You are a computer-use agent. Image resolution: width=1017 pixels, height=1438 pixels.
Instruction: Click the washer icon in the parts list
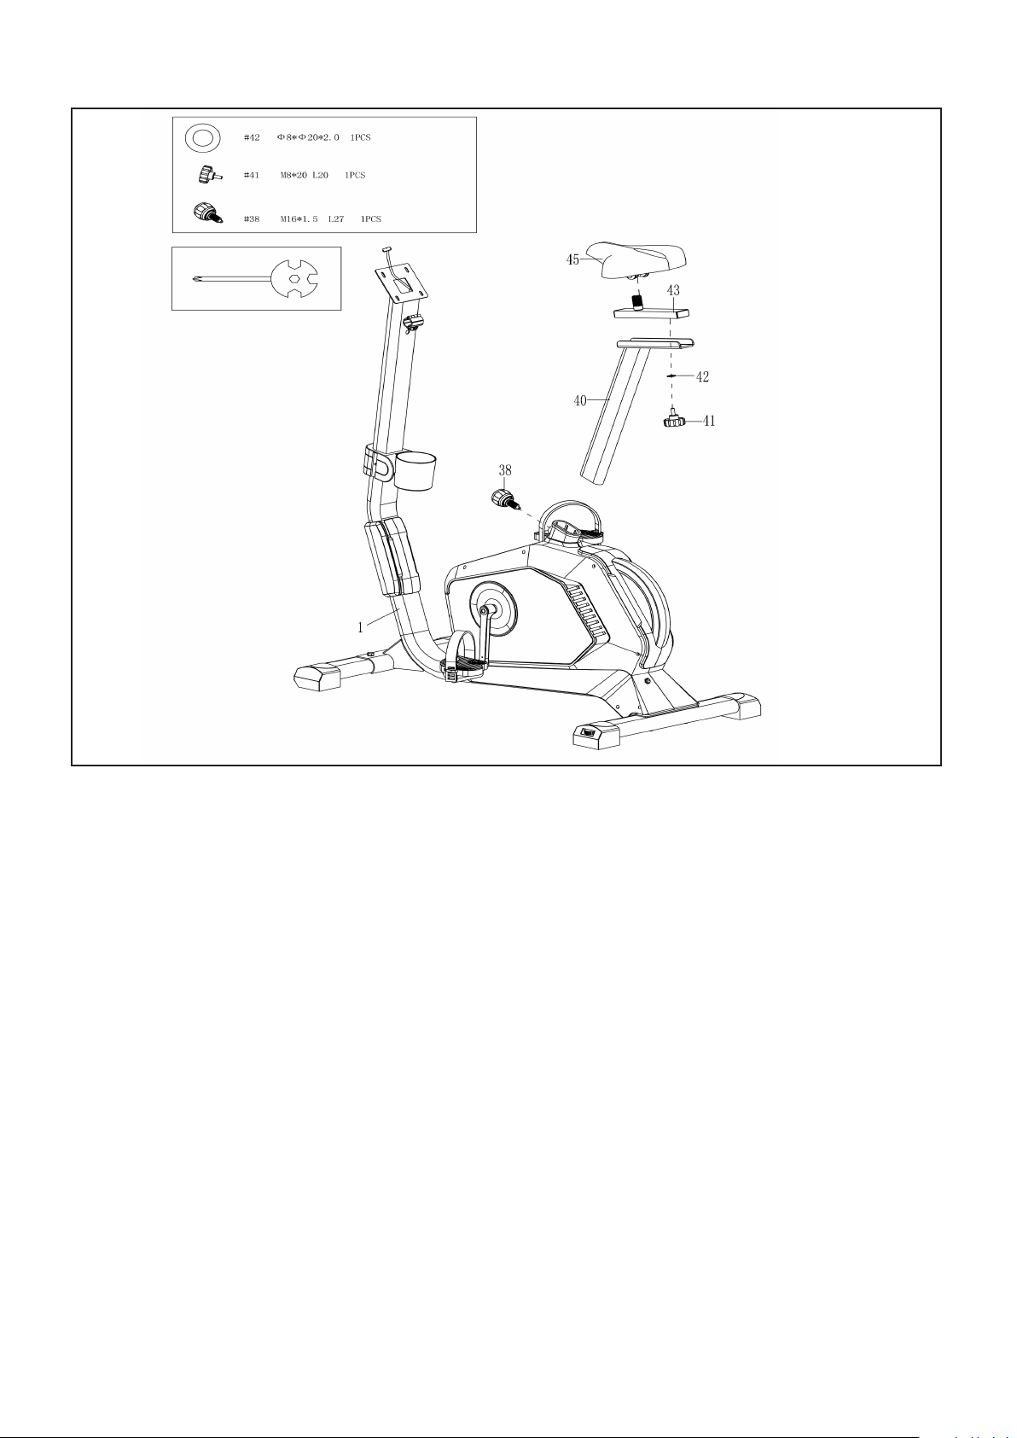click(x=203, y=138)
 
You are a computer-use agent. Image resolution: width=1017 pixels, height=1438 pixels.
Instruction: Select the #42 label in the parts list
click(x=252, y=137)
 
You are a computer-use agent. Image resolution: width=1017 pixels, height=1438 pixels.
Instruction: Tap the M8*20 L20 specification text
click(x=304, y=175)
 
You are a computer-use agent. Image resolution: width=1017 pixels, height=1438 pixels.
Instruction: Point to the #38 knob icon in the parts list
click(x=207, y=212)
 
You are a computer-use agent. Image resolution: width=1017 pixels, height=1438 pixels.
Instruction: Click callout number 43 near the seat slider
click(x=673, y=291)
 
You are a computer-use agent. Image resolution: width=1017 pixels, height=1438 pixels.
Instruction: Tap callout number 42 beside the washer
click(x=702, y=377)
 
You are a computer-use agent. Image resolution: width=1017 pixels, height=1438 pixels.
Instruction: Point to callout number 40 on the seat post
click(x=580, y=400)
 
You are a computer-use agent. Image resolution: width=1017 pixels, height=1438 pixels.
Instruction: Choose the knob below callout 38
click(x=504, y=498)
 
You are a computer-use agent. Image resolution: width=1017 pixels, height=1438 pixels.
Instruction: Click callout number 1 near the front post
click(x=361, y=627)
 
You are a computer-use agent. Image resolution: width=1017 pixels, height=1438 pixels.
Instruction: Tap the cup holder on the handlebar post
click(x=416, y=470)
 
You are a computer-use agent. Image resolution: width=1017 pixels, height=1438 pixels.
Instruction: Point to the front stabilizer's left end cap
click(x=317, y=678)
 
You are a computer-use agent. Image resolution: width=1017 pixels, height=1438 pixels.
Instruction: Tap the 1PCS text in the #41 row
click(x=355, y=175)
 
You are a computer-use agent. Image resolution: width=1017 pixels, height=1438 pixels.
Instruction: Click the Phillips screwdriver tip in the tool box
click(x=195, y=278)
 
